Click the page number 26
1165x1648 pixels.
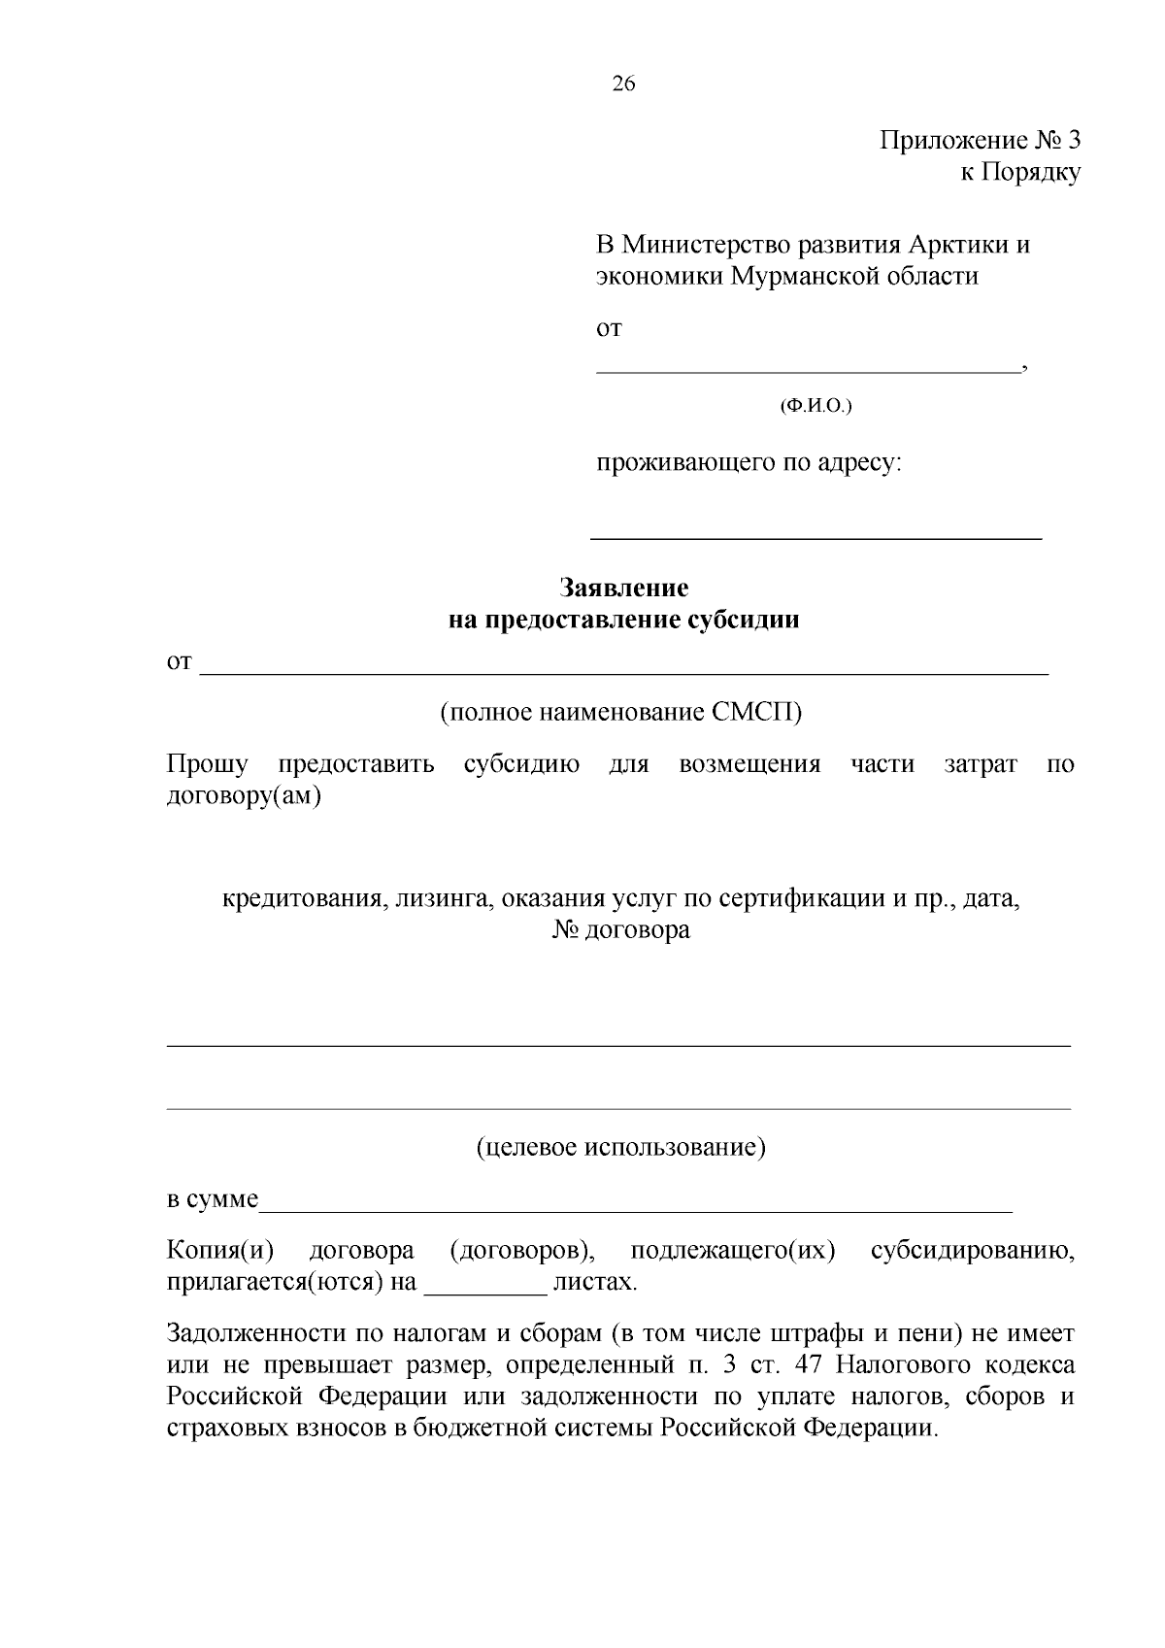click(x=623, y=84)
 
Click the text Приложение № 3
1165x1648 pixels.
click(x=980, y=141)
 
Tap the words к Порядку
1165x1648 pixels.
click(x=1019, y=173)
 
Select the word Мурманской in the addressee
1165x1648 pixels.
click(x=805, y=276)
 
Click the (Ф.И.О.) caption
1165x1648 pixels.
click(x=815, y=406)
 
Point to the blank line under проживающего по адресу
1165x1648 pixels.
click(x=815, y=536)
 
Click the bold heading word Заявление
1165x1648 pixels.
click(x=623, y=588)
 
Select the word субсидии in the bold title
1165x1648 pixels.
click(x=743, y=620)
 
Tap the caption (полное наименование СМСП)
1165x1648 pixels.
click(x=621, y=712)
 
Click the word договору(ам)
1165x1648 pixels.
click(x=244, y=797)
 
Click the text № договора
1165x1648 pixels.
click(x=621, y=930)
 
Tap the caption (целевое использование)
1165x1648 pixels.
click(x=621, y=1148)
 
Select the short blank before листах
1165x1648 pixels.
click(x=486, y=1293)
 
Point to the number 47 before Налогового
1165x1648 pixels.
click(x=809, y=1364)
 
